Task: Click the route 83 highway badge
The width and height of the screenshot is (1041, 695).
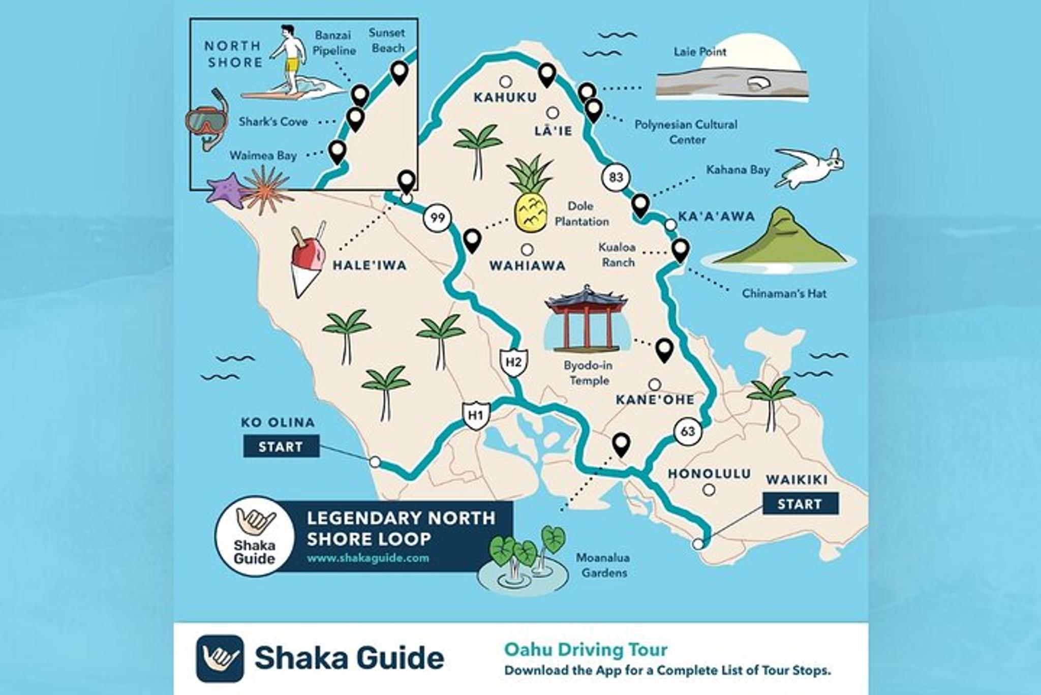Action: coord(616,177)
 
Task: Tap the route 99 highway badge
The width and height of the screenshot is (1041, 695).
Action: coord(437,219)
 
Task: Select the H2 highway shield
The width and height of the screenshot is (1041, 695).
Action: coord(513,362)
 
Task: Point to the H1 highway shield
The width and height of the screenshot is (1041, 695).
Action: coord(476,415)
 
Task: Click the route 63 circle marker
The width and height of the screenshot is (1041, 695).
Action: coord(688,432)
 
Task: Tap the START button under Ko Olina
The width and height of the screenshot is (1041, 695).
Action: coord(281,446)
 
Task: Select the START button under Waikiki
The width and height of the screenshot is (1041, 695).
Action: coord(800,504)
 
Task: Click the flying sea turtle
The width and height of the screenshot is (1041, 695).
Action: coord(811,167)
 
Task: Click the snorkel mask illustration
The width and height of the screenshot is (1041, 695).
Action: coord(207,120)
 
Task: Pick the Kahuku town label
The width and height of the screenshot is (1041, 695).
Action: coord(505,97)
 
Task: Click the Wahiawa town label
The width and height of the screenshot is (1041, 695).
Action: coord(527,265)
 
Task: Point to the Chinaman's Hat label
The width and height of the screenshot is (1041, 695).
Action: coord(784,293)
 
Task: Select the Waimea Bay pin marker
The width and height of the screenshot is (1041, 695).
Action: coord(338,151)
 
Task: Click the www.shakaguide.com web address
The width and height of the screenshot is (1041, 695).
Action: coord(368,558)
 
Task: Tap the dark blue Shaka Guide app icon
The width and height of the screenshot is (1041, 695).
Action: coord(220,658)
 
